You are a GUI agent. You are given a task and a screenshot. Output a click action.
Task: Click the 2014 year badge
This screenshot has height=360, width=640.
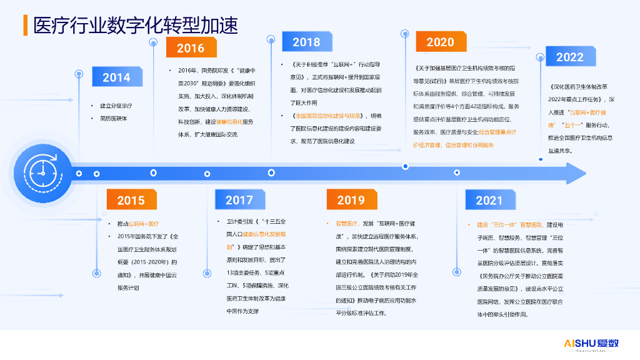[116, 77]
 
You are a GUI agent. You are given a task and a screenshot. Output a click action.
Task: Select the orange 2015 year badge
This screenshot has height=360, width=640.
[131, 200]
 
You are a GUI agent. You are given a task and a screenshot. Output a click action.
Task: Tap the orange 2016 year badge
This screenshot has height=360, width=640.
[191, 48]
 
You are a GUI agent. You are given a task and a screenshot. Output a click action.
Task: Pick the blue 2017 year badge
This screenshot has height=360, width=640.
[239, 200]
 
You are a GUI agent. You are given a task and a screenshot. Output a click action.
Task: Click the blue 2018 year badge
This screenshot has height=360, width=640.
[306, 42]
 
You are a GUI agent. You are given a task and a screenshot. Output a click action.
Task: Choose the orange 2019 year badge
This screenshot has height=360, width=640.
[351, 200]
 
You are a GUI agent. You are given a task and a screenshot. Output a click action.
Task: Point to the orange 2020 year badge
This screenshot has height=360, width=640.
[440, 42]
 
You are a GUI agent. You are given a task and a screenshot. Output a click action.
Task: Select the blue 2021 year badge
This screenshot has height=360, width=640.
[489, 200]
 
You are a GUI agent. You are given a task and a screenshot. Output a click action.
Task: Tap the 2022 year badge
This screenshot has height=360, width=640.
[569, 57]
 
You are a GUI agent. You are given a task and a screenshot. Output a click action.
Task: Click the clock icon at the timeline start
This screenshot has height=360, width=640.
[41, 172]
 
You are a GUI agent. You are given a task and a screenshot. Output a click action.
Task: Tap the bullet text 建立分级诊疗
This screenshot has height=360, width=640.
[116, 106]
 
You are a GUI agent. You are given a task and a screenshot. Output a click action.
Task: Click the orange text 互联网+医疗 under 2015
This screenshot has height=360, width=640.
[144, 224]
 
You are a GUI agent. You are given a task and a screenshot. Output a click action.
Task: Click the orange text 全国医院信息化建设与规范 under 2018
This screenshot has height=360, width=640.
[329, 116]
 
